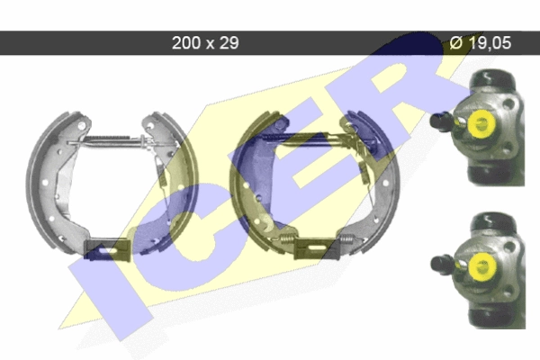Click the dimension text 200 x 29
[x=205, y=43]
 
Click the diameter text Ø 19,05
[x=481, y=43]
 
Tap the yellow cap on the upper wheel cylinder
[x=481, y=122]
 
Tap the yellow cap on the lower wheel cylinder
[x=481, y=266]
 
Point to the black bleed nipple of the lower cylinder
[x=441, y=265]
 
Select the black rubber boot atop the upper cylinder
[x=492, y=78]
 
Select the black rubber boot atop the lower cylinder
[x=493, y=221]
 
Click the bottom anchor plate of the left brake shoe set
[x=107, y=248]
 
